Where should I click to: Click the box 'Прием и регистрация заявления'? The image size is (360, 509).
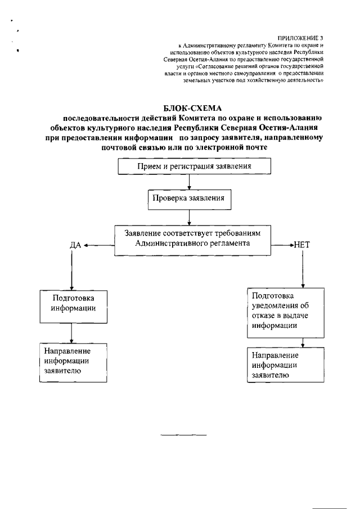[x=195, y=167]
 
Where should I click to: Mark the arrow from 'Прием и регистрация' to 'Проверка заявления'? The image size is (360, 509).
[x=189, y=182]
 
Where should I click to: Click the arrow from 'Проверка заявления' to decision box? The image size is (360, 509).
[x=189, y=217]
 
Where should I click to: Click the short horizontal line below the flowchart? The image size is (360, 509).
[x=184, y=435]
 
